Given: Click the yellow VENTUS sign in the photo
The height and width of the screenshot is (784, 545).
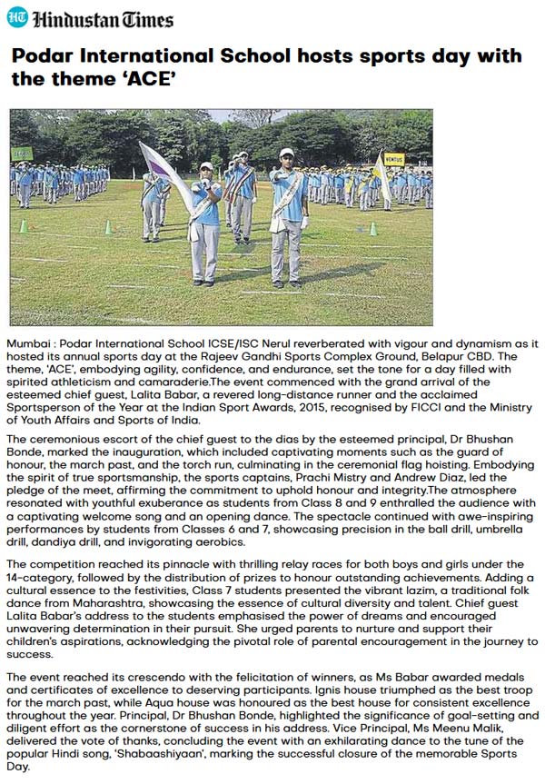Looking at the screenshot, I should pyautogui.click(x=393, y=158).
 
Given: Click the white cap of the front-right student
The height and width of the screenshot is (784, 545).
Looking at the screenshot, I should pyautogui.click(x=287, y=153).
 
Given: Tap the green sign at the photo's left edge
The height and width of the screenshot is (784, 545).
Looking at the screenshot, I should pyautogui.click(x=21, y=154).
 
